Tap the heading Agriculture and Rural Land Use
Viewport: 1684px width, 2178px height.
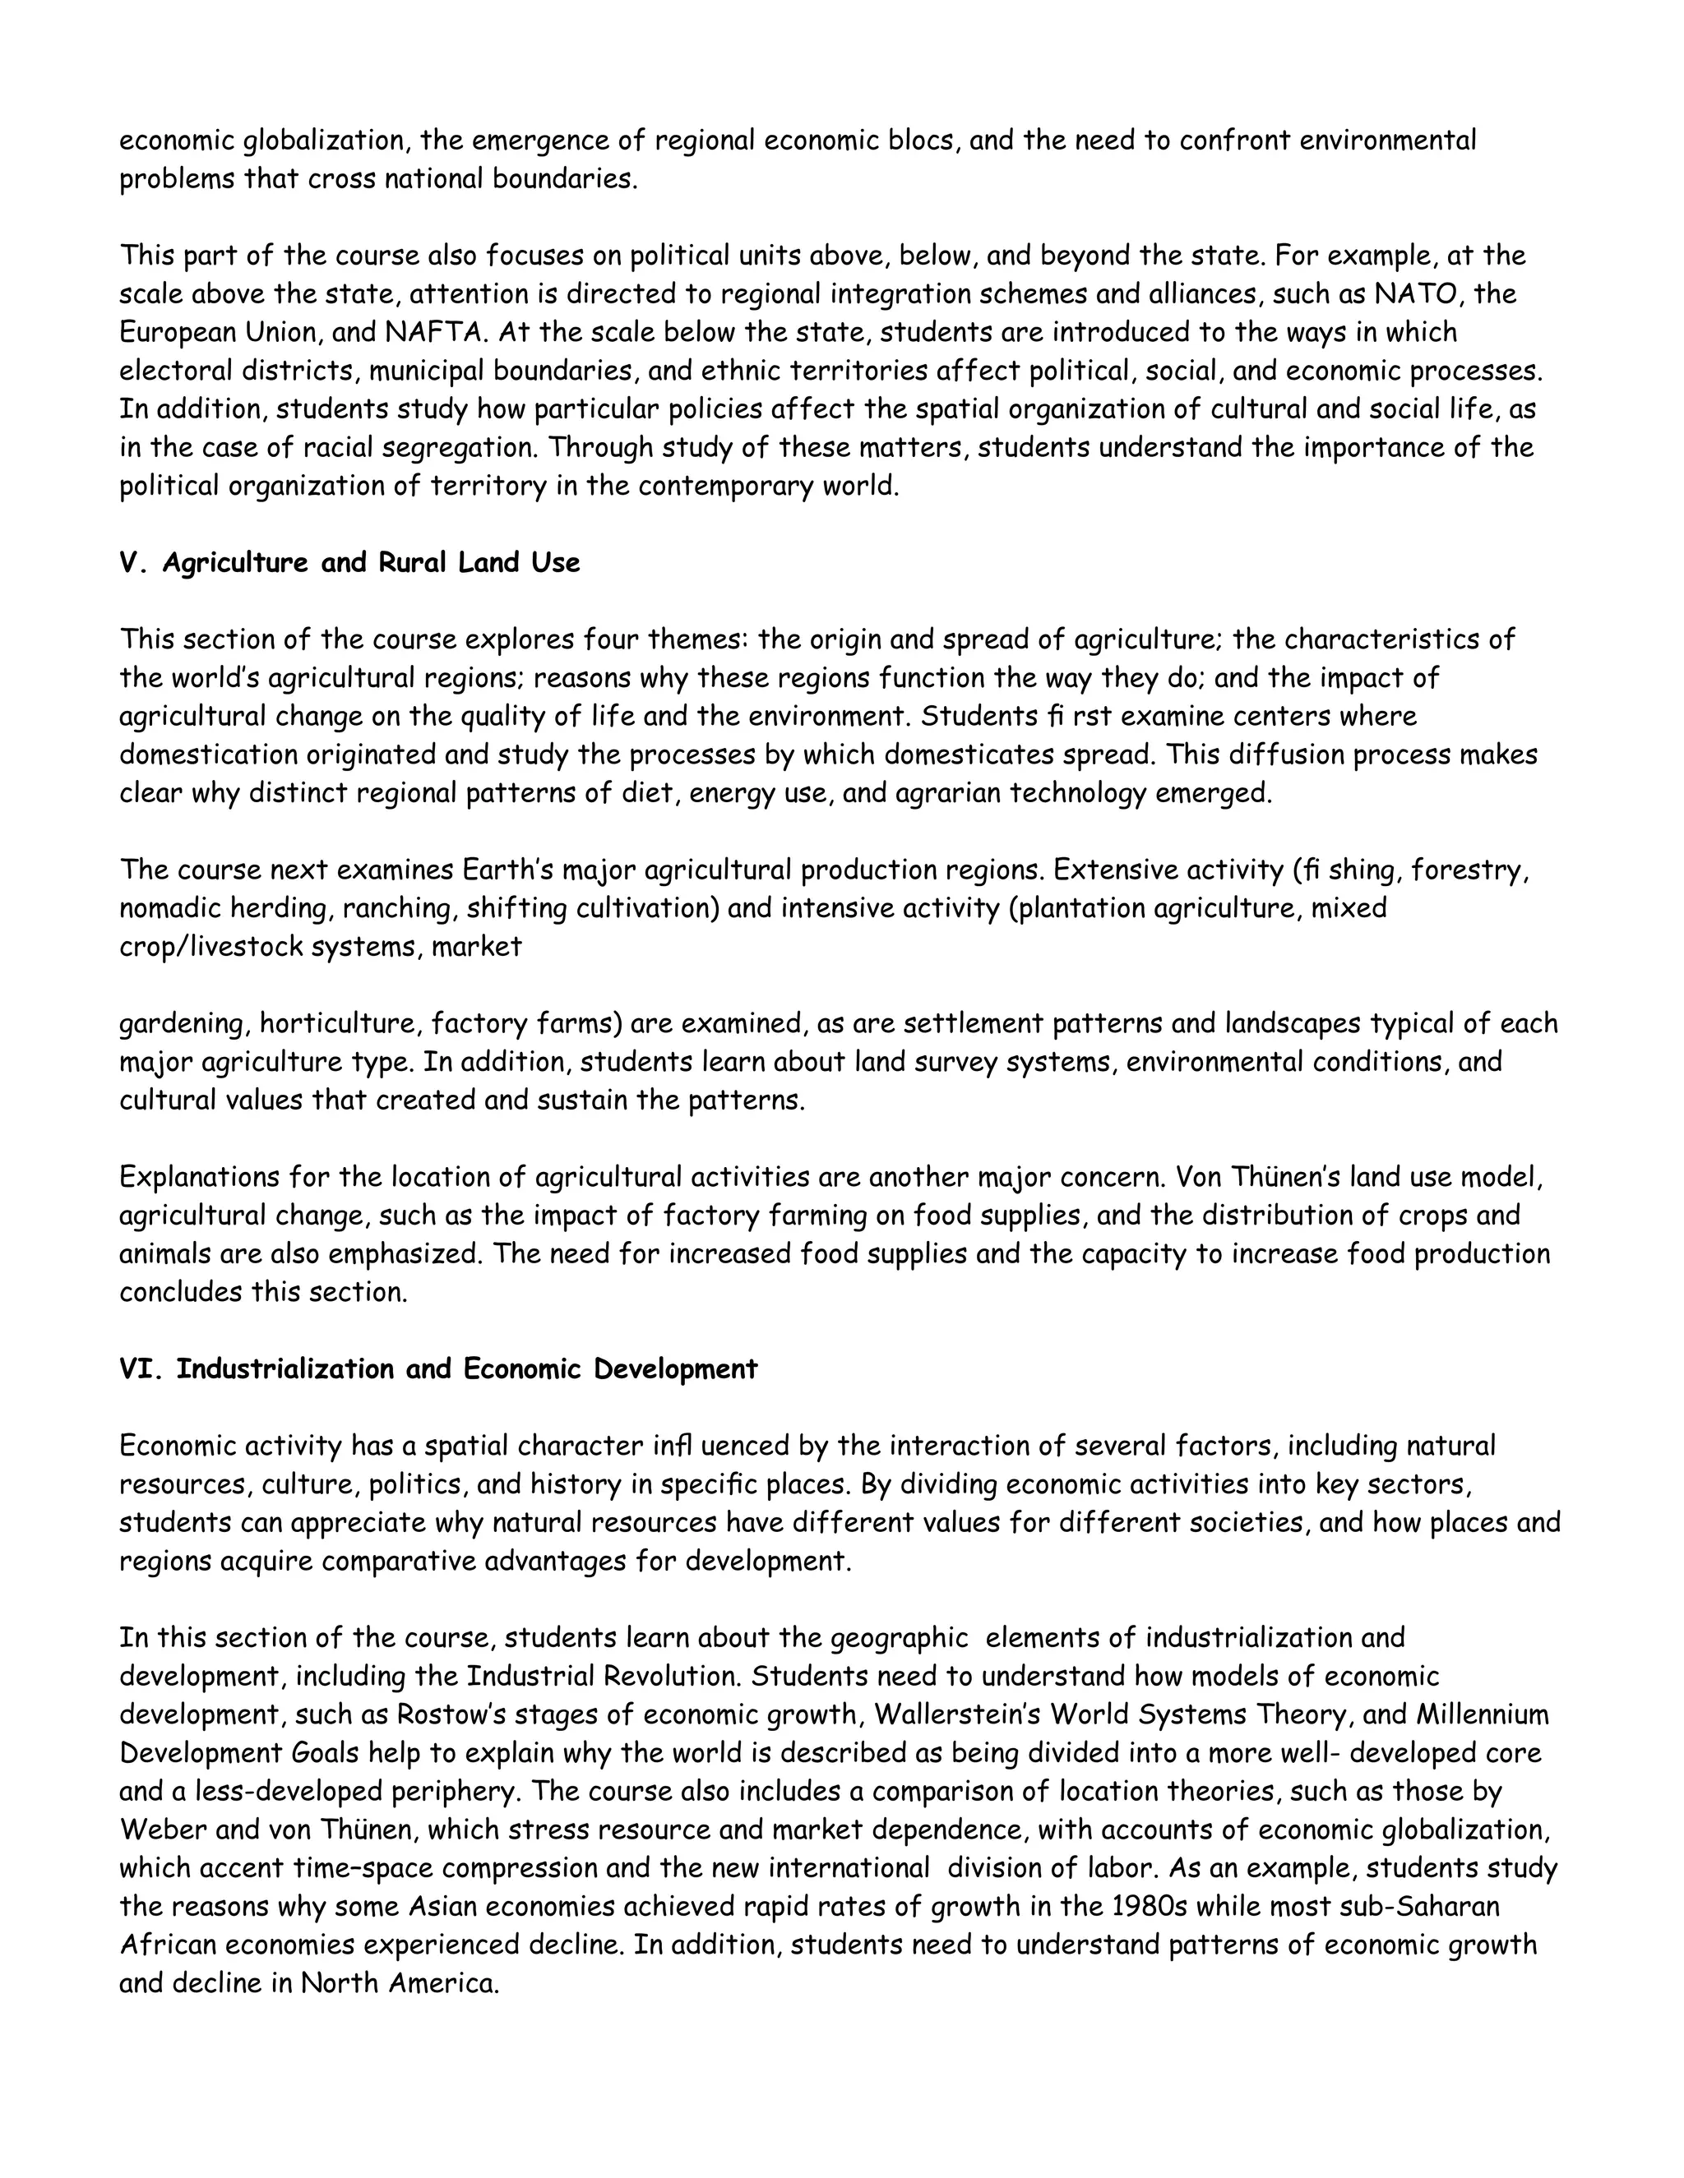(370, 564)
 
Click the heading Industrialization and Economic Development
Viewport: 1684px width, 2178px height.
(467, 1369)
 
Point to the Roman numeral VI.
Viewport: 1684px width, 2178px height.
(141, 1369)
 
